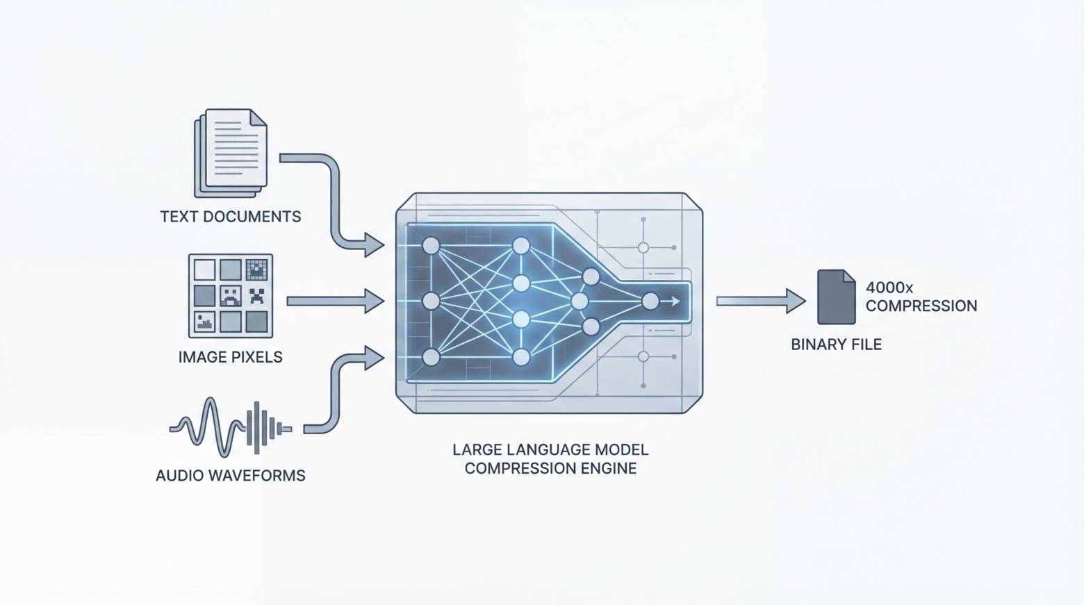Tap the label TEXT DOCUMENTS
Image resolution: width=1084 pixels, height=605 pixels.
point(231,217)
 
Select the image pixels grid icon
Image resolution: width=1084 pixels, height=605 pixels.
point(231,296)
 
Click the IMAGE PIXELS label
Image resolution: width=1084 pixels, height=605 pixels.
point(231,357)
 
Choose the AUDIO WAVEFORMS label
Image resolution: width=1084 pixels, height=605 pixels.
point(231,476)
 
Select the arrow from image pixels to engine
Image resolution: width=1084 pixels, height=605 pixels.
point(336,301)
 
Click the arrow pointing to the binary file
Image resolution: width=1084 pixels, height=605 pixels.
point(760,301)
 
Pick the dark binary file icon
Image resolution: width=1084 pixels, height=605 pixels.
point(836,297)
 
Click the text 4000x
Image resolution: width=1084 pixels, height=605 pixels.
point(889,288)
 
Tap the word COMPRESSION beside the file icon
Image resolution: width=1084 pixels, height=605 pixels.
point(921,306)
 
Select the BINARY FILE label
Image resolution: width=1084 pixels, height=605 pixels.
point(836,345)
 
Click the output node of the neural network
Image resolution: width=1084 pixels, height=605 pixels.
point(650,301)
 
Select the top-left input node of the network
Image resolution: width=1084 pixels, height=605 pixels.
point(431,245)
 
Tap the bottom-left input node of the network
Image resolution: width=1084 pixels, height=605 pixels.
point(431,357)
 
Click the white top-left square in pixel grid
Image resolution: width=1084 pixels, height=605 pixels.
point(204,270)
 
